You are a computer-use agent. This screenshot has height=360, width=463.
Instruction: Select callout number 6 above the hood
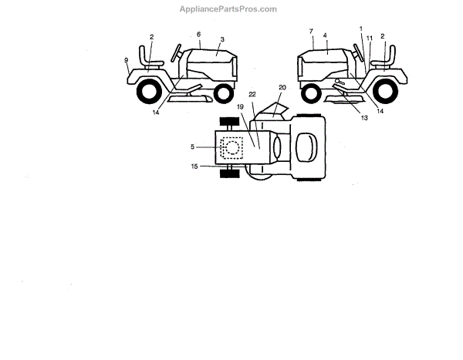tap(198, 35)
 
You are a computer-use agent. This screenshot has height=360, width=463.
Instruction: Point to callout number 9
tap(126, 59)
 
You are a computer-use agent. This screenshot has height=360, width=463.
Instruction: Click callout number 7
tap(311, 32)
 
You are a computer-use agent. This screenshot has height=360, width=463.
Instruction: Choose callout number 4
tap(326, 35)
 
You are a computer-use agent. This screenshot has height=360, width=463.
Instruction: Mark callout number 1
tap(360, 29)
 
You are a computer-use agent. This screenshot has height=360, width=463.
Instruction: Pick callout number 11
tap(370, 39)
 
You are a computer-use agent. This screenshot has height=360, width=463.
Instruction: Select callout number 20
tap(282, 89)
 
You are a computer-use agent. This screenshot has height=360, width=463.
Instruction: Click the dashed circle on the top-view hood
tap(230, 148)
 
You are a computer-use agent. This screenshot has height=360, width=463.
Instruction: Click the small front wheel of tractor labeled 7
tap(312, 94)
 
